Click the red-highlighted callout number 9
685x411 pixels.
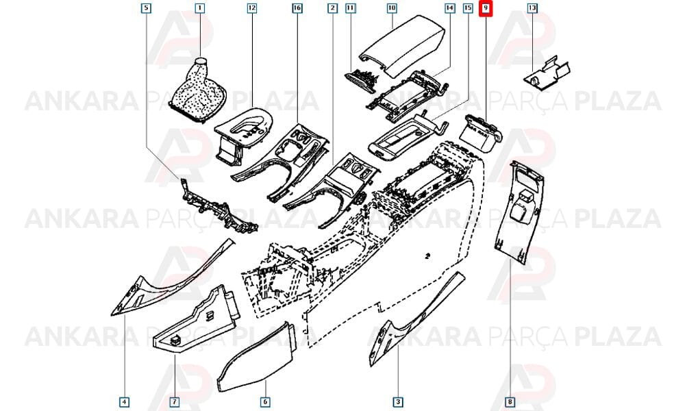(x=486, y=8)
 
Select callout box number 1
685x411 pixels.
(x=199, y=8)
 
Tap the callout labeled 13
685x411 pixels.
(x=532, y=8)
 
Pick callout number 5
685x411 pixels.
(x=147, y=8)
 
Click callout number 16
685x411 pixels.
(x=297, y=8)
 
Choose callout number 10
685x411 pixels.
(x=391, y=8)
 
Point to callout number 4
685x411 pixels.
(x=125, y=401)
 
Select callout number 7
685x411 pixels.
(x=174, y=401)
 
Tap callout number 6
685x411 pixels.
(x=265, y=401)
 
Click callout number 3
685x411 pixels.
(x=397, y=401)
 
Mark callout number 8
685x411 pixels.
(x=510, y=401)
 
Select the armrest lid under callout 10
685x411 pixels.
(x=402, y=45)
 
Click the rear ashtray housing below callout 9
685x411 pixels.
(x=480, y=133)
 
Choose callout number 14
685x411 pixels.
(x=449, y=8)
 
